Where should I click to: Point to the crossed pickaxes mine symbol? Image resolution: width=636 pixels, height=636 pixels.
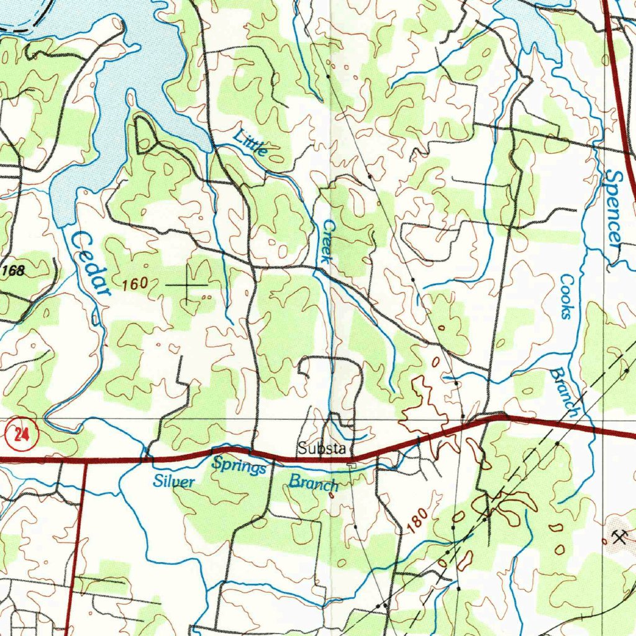point(616,537)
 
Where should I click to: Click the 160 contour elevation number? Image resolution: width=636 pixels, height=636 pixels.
point(135,284)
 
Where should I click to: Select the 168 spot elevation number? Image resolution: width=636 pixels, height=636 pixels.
point(13,271)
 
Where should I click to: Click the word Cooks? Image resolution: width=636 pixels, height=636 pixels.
point(566,296)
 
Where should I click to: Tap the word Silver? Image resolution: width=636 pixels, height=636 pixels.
point(175,481)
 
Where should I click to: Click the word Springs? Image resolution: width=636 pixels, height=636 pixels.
point(239,465)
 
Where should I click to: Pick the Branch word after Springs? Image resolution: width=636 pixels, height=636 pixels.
point(314,483)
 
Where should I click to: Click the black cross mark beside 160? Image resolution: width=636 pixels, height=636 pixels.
point(187,284)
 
